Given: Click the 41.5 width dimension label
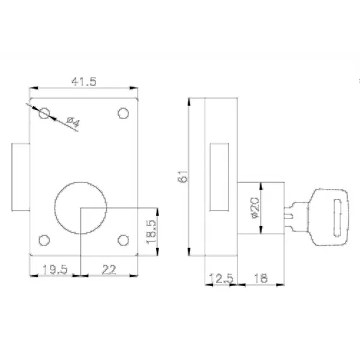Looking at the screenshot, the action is coord(84,81).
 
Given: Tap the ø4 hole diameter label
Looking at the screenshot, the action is coord(73,122).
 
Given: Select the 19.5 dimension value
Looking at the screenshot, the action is coord(55,269).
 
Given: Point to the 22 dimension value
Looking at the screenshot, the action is coord(109,269).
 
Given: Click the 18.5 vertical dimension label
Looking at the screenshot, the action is coord(151,232).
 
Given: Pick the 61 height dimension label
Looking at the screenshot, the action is coord(183,176).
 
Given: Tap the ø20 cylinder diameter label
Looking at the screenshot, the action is coord(255,208).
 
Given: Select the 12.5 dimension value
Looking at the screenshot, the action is coord(221,279).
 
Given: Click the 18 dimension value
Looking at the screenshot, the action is coord(261,279).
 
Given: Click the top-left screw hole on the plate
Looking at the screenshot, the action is coord(44,113).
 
